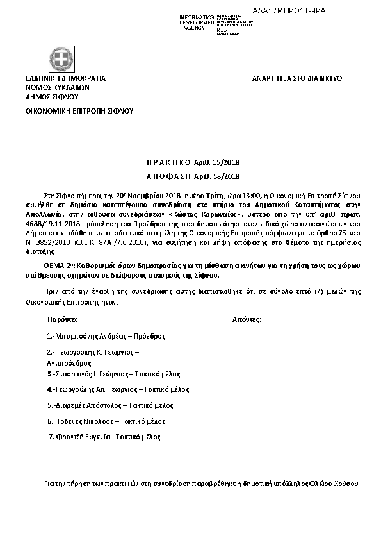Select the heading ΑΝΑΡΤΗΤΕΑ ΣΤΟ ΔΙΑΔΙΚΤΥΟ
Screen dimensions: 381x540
297,78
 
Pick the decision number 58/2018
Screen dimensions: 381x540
222,176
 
